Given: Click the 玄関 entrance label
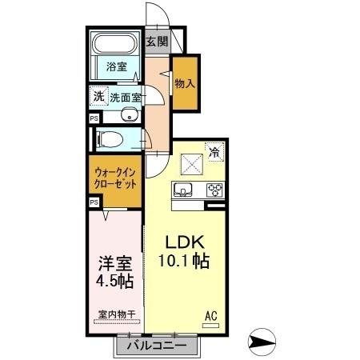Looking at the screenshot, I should tap(156, 42).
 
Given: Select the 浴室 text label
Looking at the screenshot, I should tap(117, 66).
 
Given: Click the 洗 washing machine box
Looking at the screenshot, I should tap(98, 96).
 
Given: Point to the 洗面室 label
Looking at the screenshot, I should tap(126, 97).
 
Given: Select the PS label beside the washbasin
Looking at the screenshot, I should tap(94, 118).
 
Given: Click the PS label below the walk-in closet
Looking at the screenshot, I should tap(94, 202).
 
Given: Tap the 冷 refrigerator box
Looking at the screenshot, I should tap(214, 149).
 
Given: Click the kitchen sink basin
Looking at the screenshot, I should tap(182, 190).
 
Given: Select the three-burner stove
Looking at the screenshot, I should tap(214, 190).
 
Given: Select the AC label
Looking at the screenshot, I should tap(212, 314).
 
